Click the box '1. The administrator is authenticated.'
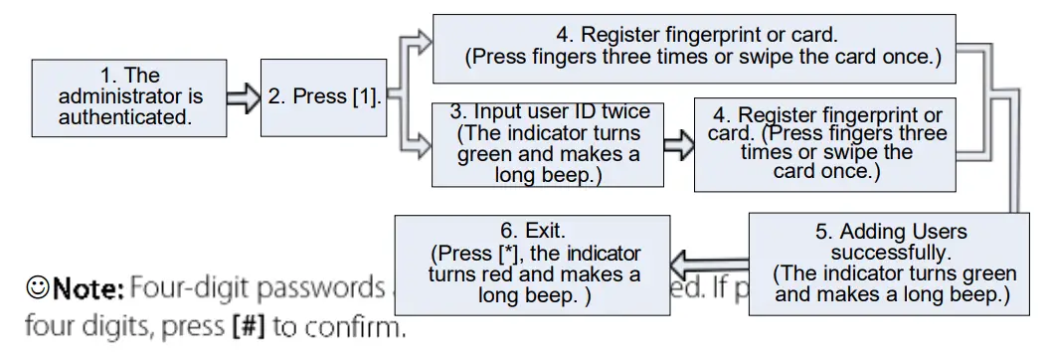129,97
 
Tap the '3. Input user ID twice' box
548,143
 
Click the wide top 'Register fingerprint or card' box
694,47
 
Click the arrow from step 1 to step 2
242,97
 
